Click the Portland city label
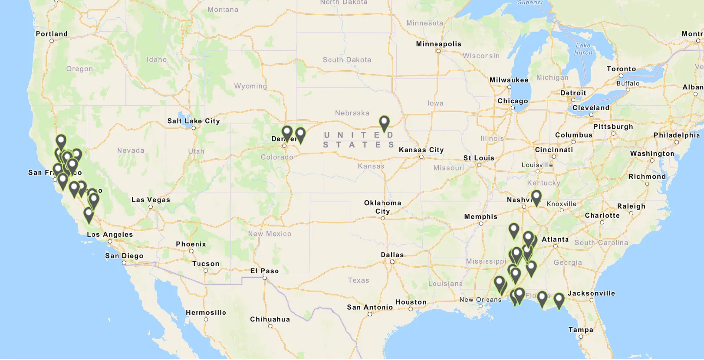click(x=52, y=34)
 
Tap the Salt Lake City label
click(x=194, y=121)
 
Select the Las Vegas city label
click(x=151, y=200)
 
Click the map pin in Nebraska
click(x=384, y=123)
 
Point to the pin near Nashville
click(x=536, y=197)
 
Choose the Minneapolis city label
click(x=438, y=44)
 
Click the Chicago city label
click(x=513, y=101)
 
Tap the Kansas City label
click(x=421, y=150)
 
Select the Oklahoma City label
click(x=382, y=207)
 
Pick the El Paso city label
click(x=264, y=271)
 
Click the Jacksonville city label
click(x=591, y=293)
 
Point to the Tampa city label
click(x=581, y=330)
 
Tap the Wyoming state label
click(x=250, y=86)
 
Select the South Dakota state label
click(x=347, y=60)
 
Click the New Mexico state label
click(x=270, y=234)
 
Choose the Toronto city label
click(x=621, y=69)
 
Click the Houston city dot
click(x=411, y=309)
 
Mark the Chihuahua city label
click(x=270, y=319)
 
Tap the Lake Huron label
click(x=583, y=49)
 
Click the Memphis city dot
click(x=481, y=223)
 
